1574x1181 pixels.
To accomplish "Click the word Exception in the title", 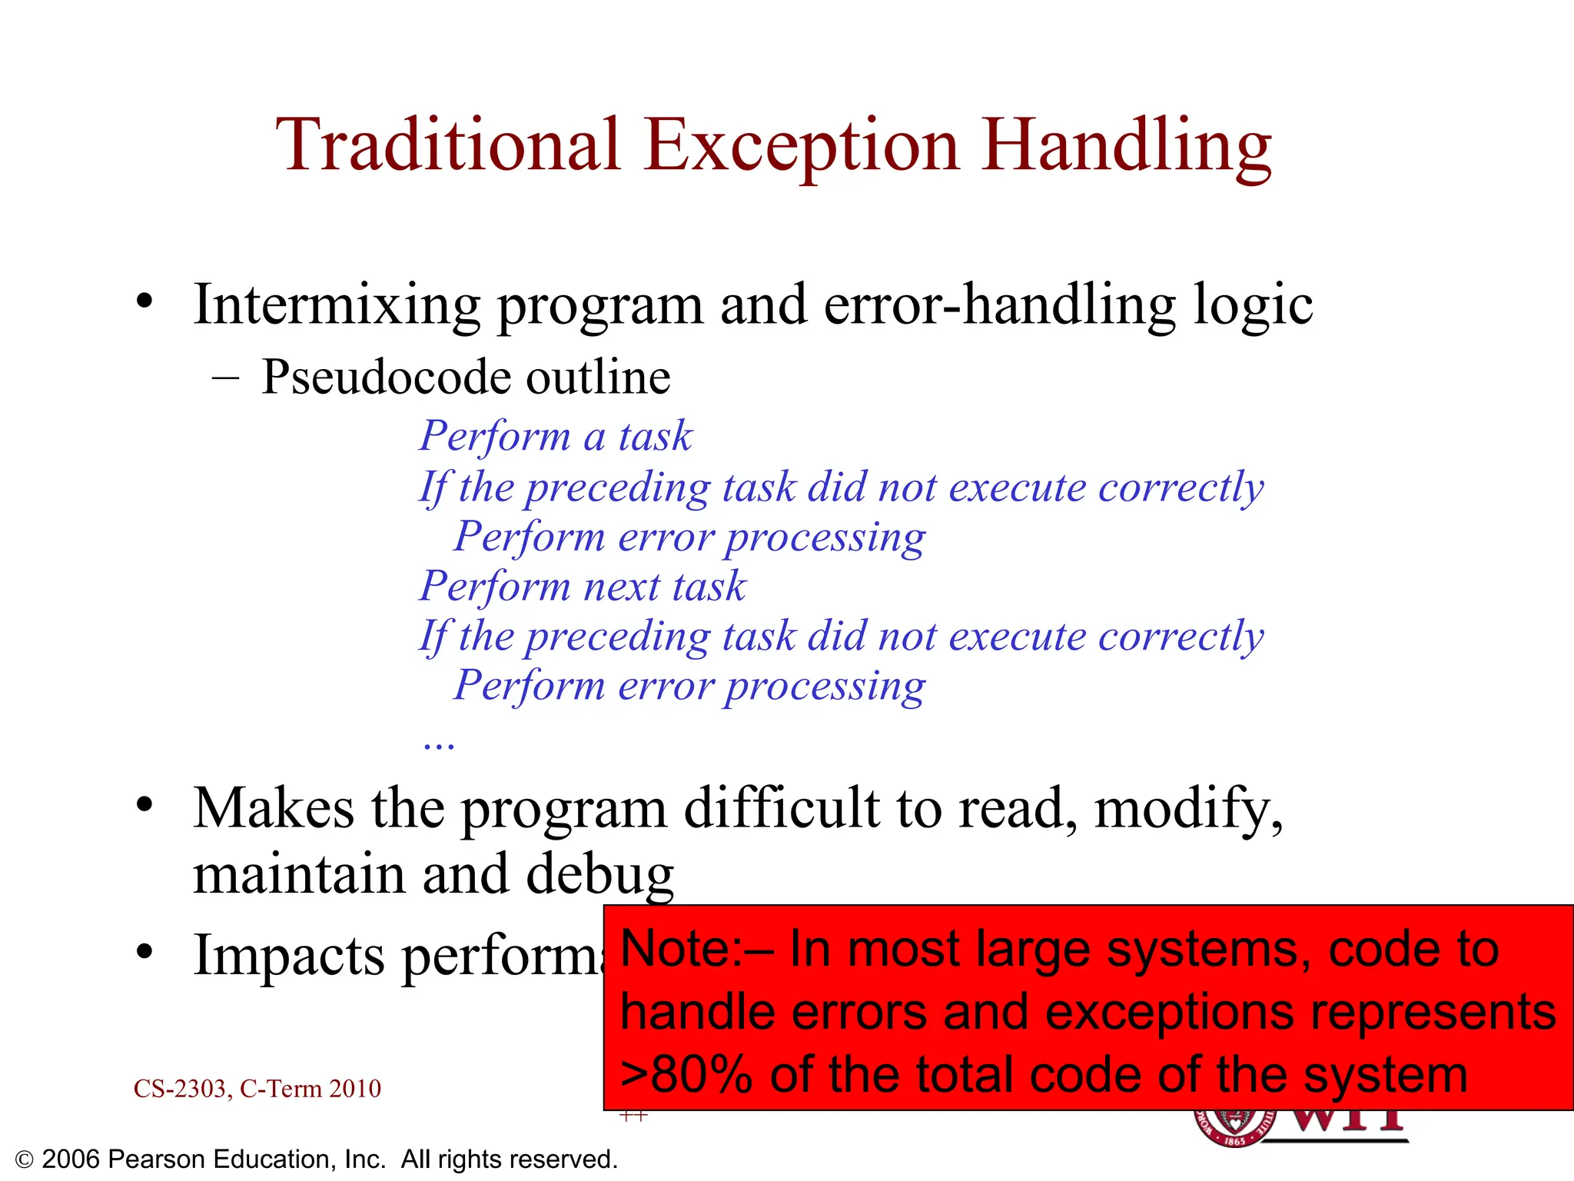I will point(802,146).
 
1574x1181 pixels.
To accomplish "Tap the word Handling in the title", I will point(1126,146).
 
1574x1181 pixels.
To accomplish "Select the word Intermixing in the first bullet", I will point(337,305).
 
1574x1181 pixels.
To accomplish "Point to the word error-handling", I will point(999,305).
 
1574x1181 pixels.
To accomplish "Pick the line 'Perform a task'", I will point(555,437).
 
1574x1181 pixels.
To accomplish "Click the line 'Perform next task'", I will point(582,586).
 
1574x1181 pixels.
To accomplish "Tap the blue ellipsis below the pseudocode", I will point(439,743).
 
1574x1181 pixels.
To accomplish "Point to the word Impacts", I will point(289,956).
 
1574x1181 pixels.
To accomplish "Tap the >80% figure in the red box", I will point(686,1075).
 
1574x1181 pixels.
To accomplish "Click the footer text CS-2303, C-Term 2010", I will point(257,1089).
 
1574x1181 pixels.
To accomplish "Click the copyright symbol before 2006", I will point(24,1160).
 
